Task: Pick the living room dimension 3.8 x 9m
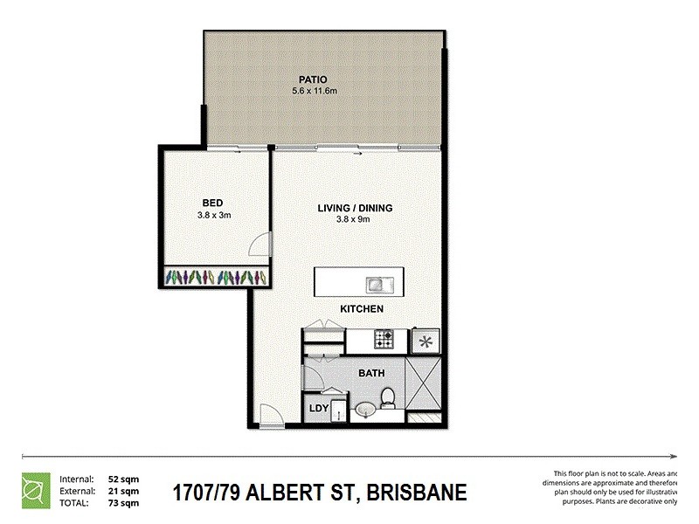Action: [354, 219]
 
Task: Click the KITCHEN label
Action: [362, 309]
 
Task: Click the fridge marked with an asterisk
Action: [426, 341]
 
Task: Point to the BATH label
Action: [371, 374]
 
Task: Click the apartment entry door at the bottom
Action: [272, 417]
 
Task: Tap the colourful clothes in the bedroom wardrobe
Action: [215, 278]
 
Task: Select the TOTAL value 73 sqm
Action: [122, 502]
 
